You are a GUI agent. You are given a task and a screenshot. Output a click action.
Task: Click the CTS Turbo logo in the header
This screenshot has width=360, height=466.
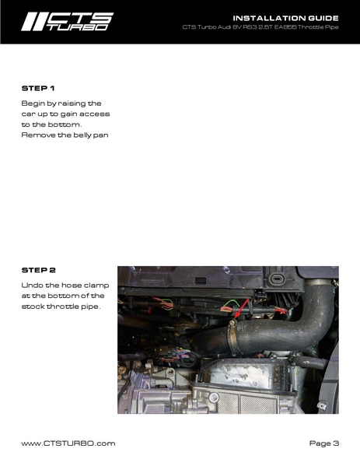click(66, 21)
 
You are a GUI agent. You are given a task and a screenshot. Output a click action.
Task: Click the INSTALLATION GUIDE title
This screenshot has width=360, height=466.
click(285, 17)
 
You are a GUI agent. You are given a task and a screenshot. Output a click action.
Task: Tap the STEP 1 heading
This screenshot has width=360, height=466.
click(38, 88)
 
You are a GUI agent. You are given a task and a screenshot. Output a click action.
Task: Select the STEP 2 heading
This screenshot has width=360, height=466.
click(38, 270)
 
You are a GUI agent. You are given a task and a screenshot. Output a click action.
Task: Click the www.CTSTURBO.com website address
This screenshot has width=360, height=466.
click(68, 443)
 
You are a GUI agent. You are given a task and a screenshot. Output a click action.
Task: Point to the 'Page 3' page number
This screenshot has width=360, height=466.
click(323, 443)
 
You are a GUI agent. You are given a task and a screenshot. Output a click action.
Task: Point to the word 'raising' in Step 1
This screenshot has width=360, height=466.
click(73, 103)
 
